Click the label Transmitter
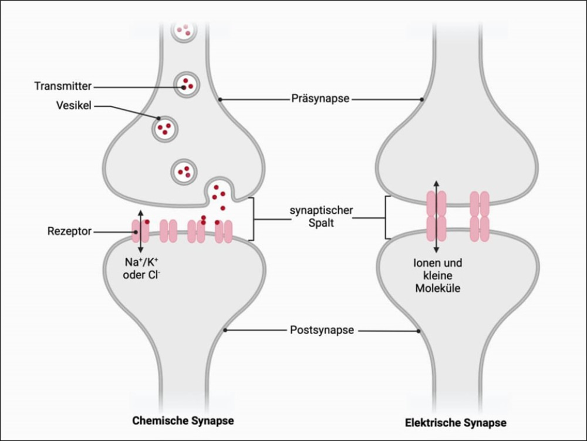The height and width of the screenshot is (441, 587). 62,86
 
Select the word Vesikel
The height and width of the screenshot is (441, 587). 75,106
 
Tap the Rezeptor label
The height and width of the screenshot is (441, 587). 69,231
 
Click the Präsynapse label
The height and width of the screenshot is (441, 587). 321,99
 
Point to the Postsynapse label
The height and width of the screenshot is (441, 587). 322,330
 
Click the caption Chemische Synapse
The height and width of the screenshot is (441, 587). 183,420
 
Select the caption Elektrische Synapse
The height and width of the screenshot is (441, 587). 456,423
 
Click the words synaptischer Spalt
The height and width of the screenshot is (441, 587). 319,217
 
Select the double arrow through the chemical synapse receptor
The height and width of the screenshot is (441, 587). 140,231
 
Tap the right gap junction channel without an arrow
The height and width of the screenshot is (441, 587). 480,216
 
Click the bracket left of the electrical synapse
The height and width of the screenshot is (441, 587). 387,217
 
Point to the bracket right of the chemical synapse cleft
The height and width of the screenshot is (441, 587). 252,219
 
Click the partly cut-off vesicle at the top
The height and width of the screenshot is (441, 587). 184,29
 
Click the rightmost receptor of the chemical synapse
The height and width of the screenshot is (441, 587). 224,231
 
